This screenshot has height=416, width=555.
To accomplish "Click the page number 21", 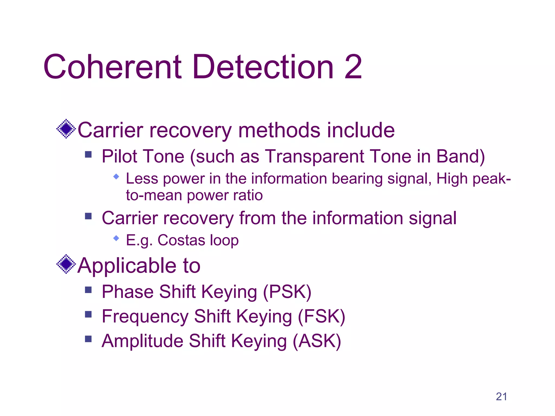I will click(x=501, y=396).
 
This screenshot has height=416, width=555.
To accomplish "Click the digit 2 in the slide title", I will click(x=353, y=67).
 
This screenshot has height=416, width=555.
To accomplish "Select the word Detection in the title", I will click(x=263, y=67).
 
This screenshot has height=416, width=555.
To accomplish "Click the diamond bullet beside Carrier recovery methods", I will click(x=66, y=129).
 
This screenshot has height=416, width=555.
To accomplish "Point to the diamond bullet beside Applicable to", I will click(x=66, y=264).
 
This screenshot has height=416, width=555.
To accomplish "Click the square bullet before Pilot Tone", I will click(x=88, y=155).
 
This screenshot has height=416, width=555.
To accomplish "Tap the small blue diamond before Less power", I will click(x=116, y=177).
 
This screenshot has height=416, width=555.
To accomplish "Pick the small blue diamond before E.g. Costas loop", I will click(x=116, y=238).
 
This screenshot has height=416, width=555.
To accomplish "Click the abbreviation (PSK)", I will click(x=287, y=292).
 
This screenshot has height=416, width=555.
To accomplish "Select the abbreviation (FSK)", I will click(x=321, y=317).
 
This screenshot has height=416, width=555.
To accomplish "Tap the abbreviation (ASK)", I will click(x=317, y=341).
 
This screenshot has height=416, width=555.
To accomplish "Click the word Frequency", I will click(x=145, y=317).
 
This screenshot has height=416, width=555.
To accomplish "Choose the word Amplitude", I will click(x=142, y=341).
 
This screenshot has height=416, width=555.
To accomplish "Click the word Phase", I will click(x=127, y=292).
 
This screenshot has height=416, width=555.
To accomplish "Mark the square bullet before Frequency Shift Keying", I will click(x=88, y=314).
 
